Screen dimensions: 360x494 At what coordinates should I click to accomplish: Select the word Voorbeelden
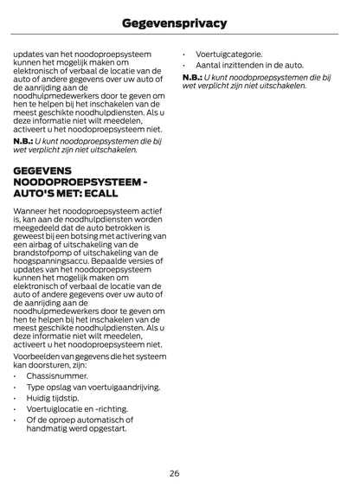pyautogui.click(x=39, y=354)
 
